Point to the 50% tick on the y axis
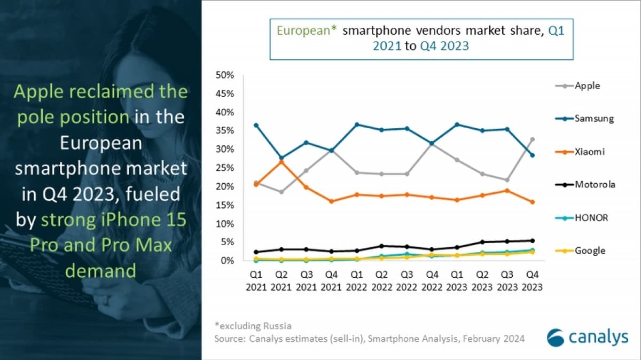click(225, 75)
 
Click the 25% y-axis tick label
click(225, 168)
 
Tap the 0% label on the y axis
click(228, 260)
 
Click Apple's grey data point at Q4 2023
click(532, 139)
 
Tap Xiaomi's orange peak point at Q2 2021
click(282, 161)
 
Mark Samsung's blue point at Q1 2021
click(256, 125)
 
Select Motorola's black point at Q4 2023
click(532, 240)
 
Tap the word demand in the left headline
click(100, 271)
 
